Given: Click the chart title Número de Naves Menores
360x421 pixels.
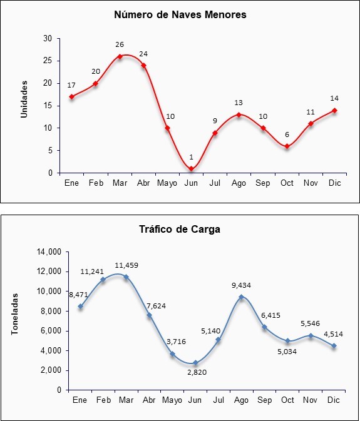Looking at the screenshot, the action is [180, 14].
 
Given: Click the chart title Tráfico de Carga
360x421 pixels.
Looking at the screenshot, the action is [180, 229].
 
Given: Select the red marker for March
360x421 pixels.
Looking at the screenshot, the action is [120, 56].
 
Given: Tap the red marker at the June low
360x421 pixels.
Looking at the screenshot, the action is [192, 169].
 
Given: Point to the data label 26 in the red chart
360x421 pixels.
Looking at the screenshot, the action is [120, 44].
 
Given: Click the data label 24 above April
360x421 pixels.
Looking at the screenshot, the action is [143, 54].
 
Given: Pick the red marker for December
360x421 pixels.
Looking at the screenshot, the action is [334, 110].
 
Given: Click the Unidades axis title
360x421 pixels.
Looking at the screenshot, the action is [24, 99].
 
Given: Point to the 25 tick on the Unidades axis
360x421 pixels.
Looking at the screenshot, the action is [48, 61].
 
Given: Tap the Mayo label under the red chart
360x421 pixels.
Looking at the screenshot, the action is [167, 183].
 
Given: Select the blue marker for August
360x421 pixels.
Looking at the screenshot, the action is [241, 297].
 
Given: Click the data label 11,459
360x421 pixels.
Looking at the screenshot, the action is [126, 265].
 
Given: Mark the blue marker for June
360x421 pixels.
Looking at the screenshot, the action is [195, 363].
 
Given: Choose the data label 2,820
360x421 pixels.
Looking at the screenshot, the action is [197, 372].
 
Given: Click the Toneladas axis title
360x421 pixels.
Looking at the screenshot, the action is [14, 314].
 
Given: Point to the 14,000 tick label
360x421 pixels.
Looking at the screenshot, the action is [50, 252].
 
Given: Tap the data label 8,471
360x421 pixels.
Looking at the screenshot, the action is [78, 295].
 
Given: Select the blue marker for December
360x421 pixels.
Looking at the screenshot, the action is [334, 346].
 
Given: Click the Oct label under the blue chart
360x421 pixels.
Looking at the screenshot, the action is [287, 400].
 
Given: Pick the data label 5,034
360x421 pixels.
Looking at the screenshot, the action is [287, 352].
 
